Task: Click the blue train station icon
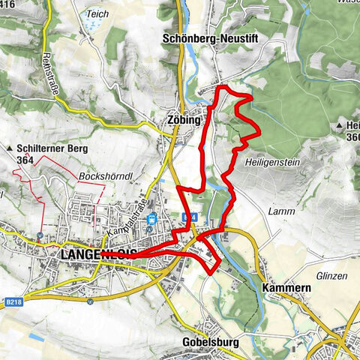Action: click(x=152, y=219)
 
